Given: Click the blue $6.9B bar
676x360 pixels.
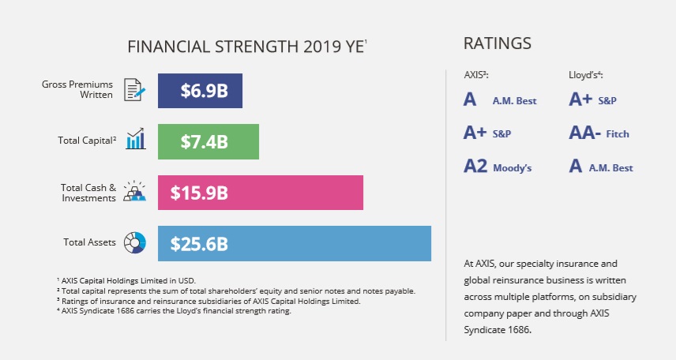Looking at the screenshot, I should pyautogui.click(x=200, y=91).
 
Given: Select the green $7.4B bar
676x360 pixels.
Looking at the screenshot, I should pyautogui.click(x=208, y=141).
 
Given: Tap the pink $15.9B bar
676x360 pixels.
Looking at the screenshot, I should pyautogui.click(x=260, y=193).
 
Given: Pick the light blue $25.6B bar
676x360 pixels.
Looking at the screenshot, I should pyautogui.click(x=294, y=243).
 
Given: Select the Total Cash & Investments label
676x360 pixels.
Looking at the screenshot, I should pyautogui.click(x=88, y=193).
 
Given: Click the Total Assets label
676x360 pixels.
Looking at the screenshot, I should pyautogui.click(x=90, y=242).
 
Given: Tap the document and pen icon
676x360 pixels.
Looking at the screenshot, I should pyautogui.click(x=135, y=90).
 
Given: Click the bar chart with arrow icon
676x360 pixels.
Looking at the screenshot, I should pyautogui.click(x=135, y=140).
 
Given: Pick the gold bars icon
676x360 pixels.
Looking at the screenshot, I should pyautogui.click(x=135, y=191).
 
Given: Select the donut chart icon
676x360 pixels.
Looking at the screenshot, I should pyautogui.click(x=135, y=242).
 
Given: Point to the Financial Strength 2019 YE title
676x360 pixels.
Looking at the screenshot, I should pyautogui.click(x=247, y=47).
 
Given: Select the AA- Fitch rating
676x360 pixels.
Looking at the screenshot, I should pyautogui.click(x=599, y=133).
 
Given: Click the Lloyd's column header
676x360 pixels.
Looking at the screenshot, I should pyautogui.click(x=586, y=75).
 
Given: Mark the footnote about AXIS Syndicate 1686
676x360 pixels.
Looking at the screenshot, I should pyautogui.click(x=174, y=310).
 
